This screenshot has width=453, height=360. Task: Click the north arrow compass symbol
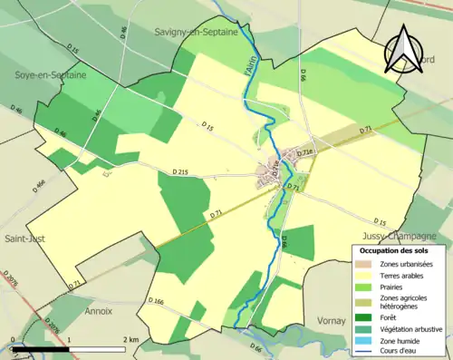[x=400, y=50]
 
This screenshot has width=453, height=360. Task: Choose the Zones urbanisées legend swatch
[x=365, y=263]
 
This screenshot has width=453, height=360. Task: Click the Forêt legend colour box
[x=365, y=316]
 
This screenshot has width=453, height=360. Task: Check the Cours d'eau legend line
[x=365, y=351]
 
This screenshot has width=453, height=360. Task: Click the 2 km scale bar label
[x=132, y=339]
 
